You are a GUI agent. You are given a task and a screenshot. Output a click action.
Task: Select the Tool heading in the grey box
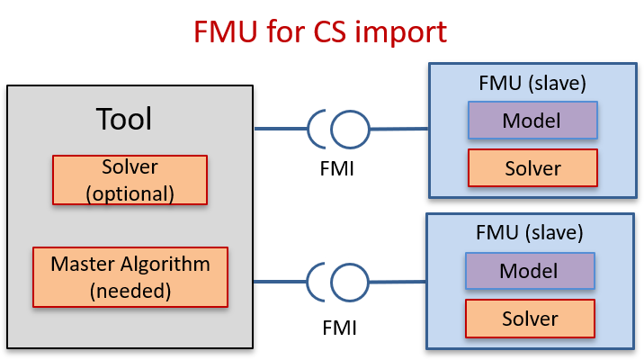coord(124,119)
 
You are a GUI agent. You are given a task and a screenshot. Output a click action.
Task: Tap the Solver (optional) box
coord(130,179)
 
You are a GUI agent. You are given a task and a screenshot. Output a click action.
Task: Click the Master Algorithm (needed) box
coord(130,275)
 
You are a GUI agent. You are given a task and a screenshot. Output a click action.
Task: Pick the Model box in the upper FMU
coord(532,121)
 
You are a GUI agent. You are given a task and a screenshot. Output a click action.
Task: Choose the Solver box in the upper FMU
coord(532,168)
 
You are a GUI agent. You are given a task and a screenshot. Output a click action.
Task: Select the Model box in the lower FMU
coord(529,271)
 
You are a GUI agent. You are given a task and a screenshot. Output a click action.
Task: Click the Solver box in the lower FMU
coord(530,319)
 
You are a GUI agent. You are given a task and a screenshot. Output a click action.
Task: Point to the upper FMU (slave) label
coord(533,84)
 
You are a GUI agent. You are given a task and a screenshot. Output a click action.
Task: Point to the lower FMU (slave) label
coord(530,233)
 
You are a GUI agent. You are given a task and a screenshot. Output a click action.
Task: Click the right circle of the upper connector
coord(350,130)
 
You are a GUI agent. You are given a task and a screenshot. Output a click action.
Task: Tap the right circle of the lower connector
coord(350,282)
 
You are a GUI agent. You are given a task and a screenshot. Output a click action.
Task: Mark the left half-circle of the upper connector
coord(318,130)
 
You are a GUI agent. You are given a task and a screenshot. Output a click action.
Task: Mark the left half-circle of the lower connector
coord(318,282)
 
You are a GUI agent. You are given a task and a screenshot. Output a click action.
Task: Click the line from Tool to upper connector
coord(280,130)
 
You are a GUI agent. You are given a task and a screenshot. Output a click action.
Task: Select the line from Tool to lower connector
coord(280,282)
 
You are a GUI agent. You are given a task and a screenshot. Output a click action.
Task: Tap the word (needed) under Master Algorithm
coord(130,289)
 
